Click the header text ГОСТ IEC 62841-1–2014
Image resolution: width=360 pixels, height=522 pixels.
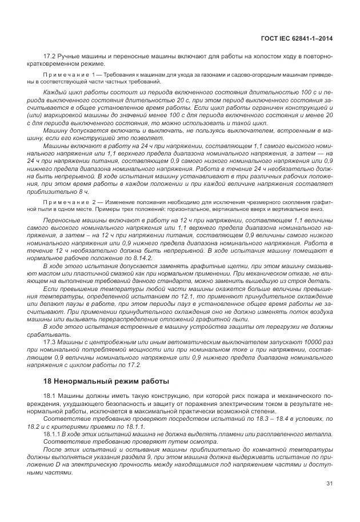[297, 38]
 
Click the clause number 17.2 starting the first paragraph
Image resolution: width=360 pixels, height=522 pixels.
[50, 57]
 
